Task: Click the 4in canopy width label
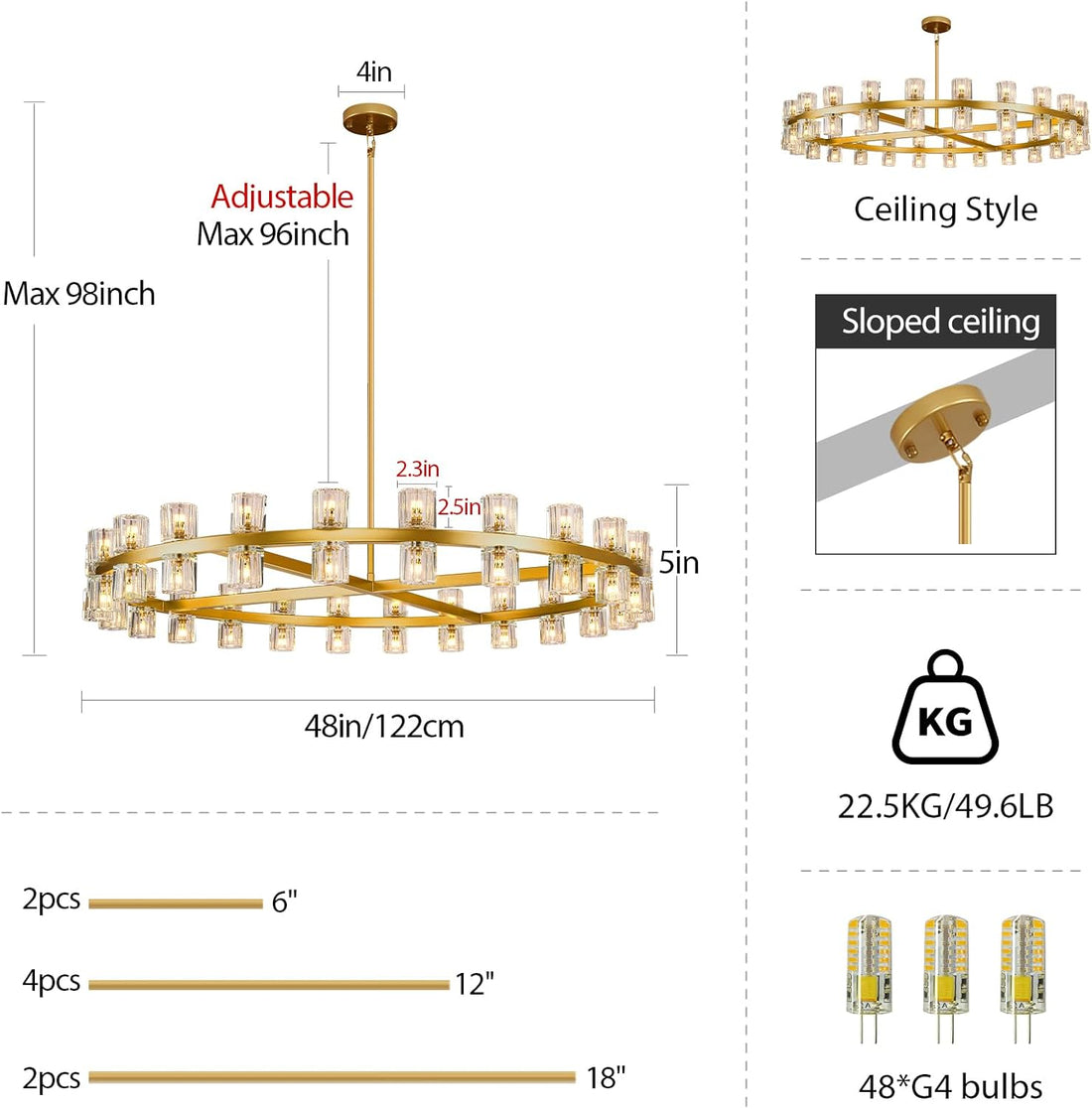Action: pyautogui.click(x=373, y=71)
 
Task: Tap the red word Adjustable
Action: pyautogui.click(x=282, y=197)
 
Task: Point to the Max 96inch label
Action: pyautogui.click(x=273, y=235)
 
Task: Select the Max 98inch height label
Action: pyautogui.click(x=78, y=294)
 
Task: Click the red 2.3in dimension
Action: pyautogui.click(x=417, y=469)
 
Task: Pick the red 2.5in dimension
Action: pyautogui.click(x=459, y=506)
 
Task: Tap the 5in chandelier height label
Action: pyautogui.click(x=679, y=563)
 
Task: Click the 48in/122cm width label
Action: pyautogui.click(x=384, y=727)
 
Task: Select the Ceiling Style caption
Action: pyautogui.click(x=946, y=210)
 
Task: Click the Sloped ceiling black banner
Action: pyautogui.click(x=935, y=321)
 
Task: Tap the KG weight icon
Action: pyautogui.click(x=945, y=707)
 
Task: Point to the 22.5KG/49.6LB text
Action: pyautogui.click(x=946, y=806)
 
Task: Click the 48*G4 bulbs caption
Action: pyautogui.click(x=951, y=1086)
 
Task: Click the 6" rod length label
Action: pyautogui.click(x=284, y=901)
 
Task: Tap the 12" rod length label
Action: pyautogui.click(x=474, y=984)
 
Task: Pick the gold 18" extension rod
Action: pyautogui.click(x=332, y=1077)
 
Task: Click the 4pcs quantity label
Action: pyautogui.click(x=51, y=981)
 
